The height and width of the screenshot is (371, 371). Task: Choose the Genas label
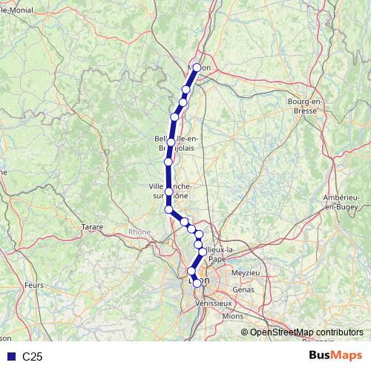243,289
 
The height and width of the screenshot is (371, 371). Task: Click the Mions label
232,315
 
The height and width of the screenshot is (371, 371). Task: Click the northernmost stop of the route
197,68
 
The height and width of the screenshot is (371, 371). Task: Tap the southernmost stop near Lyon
191,271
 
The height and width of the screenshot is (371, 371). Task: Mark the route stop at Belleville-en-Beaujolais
171,142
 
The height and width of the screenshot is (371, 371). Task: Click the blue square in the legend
10,357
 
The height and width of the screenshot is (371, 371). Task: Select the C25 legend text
33,357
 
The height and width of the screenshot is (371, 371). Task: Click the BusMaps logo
335,356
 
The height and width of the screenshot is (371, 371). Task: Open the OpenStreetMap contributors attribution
306,332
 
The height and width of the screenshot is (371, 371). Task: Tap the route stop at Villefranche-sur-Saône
169,192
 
